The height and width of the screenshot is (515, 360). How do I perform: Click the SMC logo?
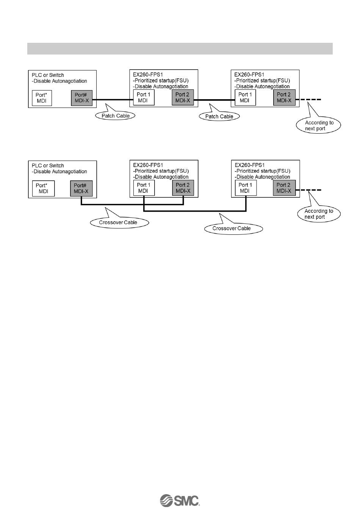[180, 500]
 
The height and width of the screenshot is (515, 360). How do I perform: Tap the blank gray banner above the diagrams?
[180, 48]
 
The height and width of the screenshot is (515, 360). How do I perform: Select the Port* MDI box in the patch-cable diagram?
[41, 98]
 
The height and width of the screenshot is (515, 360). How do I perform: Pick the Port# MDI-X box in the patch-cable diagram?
[81, 98]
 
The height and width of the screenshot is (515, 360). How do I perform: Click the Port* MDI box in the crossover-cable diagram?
[43, 188]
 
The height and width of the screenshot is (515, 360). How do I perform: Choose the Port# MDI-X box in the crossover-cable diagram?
[81, 188]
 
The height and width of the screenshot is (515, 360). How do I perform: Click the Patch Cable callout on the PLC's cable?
[115, 116]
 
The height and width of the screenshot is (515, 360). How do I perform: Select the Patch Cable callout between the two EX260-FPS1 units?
[219, 116]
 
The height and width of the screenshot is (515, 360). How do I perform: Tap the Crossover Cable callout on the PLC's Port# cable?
[119, 222]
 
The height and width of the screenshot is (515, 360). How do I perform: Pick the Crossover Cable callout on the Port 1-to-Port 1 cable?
[232, 228]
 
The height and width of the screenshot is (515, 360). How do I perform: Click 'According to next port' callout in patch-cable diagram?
[319, 125]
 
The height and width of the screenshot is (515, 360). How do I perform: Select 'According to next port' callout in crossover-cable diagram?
[319, 214]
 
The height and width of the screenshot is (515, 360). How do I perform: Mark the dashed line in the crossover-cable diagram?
[310, 190]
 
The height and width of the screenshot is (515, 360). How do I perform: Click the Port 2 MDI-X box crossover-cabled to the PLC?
[183, 188]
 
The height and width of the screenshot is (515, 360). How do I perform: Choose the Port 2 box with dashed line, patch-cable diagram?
[284, 97]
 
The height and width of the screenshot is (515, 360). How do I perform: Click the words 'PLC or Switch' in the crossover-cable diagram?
[48, 165]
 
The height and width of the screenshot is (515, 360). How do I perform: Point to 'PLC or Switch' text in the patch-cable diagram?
[48, 75]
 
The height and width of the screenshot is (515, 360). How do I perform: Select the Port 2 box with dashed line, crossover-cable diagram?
[284, 188]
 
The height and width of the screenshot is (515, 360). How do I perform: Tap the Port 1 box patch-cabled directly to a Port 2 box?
[245, 97]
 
